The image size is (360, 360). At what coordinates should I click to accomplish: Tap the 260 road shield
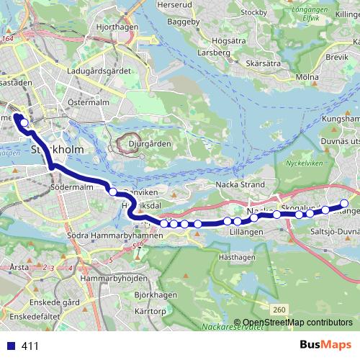click(280, 309)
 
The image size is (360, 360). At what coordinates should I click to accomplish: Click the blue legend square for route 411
click(11, 346)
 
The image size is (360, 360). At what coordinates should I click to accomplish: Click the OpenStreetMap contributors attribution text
click(297, 322)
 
